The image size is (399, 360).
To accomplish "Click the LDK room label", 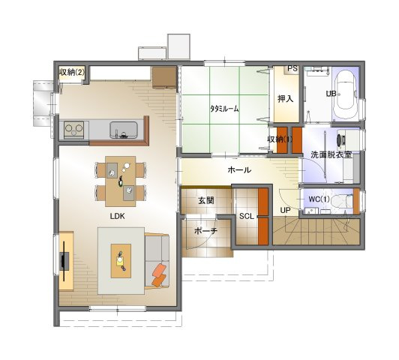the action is [117, 216].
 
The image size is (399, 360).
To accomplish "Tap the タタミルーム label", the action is [225, 109].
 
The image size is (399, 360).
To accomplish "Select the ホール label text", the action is [239, 169].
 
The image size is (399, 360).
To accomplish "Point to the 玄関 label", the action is [206, 201].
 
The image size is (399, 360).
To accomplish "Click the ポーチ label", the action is [205, 231].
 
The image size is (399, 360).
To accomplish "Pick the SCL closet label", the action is [247, 216].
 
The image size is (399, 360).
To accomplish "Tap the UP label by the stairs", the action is [285, 210].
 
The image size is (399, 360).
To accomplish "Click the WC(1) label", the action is [319, 199].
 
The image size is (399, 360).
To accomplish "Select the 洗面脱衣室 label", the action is [331, 155].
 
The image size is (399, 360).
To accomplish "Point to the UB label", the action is [331, 94].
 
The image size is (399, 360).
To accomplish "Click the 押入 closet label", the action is [285, 99].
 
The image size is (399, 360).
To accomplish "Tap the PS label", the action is [292, 68].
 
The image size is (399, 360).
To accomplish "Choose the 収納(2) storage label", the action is [71, 72].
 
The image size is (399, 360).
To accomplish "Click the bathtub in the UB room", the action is [346, 94].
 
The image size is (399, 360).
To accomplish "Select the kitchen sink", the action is [124, 130].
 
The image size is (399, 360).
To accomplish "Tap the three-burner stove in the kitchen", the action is [74, 130].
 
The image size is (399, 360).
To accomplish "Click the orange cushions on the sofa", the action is [159, 274].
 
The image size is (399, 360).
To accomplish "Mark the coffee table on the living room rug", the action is [121, 261].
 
